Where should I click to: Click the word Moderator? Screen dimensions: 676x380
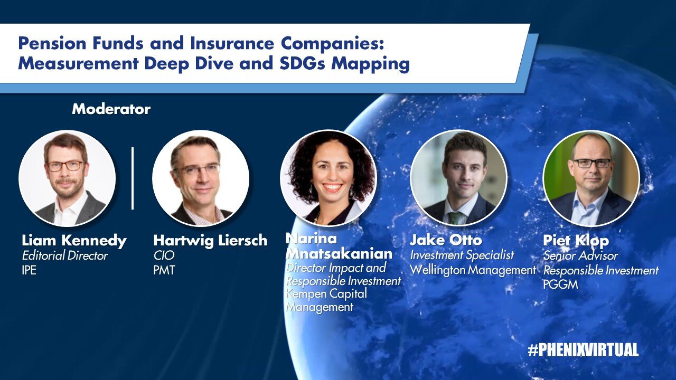(111, 109)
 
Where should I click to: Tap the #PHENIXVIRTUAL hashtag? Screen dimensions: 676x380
(583, 350)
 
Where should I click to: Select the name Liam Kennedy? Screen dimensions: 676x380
(74, 240)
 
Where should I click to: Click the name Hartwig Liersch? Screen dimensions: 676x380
(210, 240)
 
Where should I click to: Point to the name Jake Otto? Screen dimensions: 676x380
(446, 240)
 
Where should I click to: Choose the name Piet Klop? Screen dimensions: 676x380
(576, 241)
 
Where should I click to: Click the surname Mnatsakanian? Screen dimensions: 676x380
(339, 254)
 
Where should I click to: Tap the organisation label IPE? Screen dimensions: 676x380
(29, 270)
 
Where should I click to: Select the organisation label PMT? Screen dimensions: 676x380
(164, 270)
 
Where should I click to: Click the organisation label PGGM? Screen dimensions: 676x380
(560, 284)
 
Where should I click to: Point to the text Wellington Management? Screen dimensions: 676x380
(473, 270)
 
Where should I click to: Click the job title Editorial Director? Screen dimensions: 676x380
(64, 256)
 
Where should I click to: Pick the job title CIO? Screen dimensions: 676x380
(164, 255)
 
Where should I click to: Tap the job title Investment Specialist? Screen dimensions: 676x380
(462, 255)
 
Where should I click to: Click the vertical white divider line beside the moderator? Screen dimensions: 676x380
(133, 178)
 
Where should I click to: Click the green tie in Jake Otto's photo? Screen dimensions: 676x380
(455, 217)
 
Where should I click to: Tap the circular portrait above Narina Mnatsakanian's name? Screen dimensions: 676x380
(328, 178)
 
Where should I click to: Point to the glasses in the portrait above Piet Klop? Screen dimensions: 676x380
(592, 164)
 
